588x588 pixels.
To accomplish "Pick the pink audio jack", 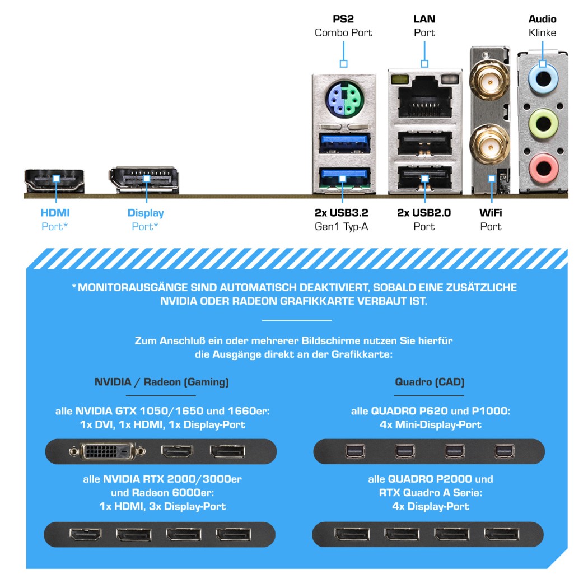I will pyautogui.click(x=542, y=166).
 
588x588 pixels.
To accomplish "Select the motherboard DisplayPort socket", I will pyautogui.click(x=146, y=179).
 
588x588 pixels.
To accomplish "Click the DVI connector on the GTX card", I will pyautogui.click(x=108, y=451).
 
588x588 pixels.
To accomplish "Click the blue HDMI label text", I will pyautogui.click(x=55, y=213).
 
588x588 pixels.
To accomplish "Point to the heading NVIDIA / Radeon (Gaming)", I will pyautogui.click(x=161, y=382).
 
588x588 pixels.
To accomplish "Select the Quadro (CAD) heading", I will pyautogui.click(x=430, y=382).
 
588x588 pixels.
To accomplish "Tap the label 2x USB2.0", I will pyautogui.click(x=424, y=213).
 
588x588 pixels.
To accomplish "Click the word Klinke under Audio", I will pyautogui.click(x=542, y=32).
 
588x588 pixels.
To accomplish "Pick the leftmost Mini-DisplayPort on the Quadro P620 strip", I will pyautogui.click(x=353, y=451).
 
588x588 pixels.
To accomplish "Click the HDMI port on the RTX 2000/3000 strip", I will pyautogui.click(x=85, y=534).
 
